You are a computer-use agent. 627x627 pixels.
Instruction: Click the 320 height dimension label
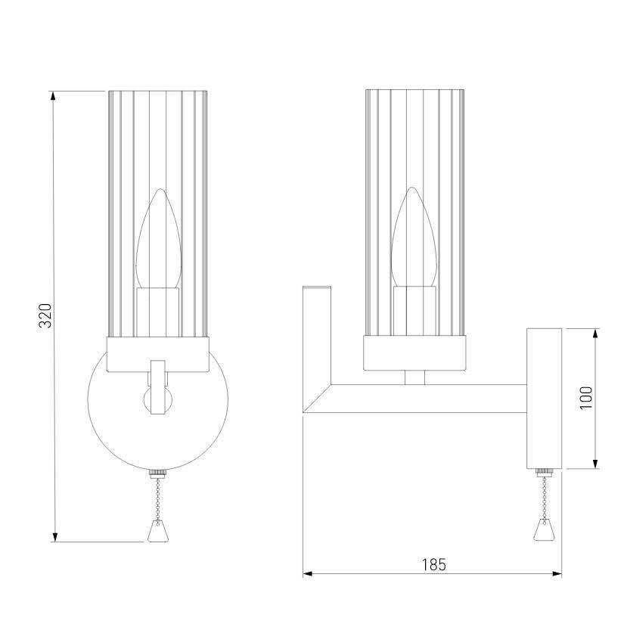45,315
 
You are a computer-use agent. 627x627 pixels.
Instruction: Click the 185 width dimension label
433,565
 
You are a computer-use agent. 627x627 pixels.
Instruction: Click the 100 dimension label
586,398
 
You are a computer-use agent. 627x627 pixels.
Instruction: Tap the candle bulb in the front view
158,238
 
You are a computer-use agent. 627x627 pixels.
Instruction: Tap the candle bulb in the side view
414,237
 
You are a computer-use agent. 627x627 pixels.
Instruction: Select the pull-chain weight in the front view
158,531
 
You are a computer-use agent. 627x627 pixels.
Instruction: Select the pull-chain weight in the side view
544,529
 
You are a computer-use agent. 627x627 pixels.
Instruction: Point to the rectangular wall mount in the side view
544,399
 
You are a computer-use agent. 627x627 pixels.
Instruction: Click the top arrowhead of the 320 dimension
53,96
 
